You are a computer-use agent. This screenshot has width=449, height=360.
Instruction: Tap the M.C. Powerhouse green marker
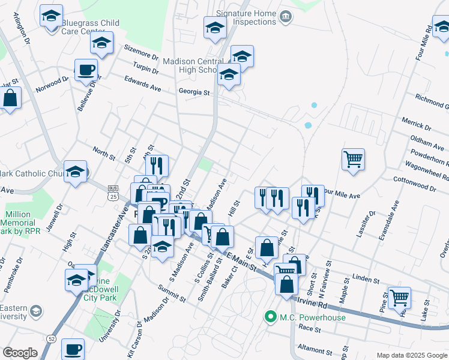coord(271,316)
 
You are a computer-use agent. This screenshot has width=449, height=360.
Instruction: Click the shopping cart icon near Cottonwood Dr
coord(354,159)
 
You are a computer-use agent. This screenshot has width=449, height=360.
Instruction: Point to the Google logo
coord(20,353)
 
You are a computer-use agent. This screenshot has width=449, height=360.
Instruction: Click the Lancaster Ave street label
coord(124,213)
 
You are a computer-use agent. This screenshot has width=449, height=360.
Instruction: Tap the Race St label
coord(310,329)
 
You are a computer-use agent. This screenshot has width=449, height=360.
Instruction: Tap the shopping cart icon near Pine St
coord(399,296)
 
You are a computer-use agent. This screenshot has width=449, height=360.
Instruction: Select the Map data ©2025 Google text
coord(412,355)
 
